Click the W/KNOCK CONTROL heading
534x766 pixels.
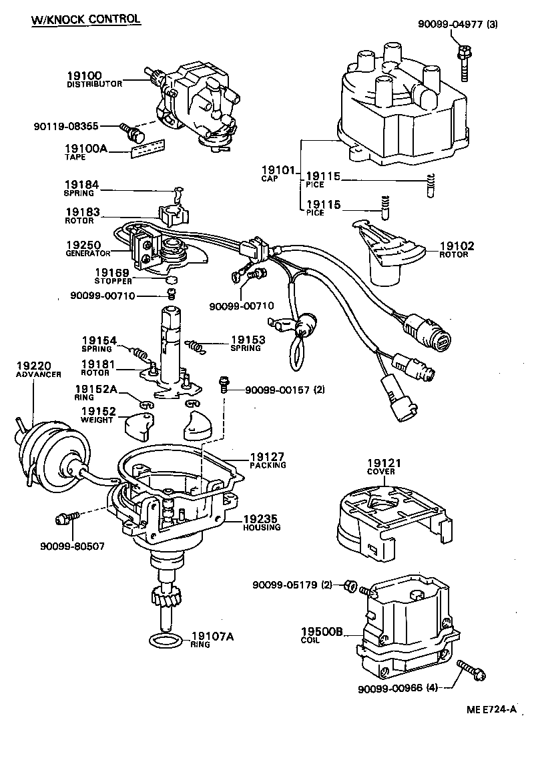pos(86,19)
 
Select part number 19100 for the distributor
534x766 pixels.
pos(84,75)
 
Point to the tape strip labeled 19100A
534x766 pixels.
pos(148,149)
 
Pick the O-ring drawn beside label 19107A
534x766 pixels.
pos(166,641)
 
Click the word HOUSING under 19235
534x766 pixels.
pos(262,527)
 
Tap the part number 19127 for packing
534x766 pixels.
pos(267,457)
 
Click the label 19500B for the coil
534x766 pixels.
pos(322,632)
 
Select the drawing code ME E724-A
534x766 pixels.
pos(491,709)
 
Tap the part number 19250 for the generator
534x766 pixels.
pos(83,246)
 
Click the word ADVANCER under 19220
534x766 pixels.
pos(39,374)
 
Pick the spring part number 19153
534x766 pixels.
pos(248,340)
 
